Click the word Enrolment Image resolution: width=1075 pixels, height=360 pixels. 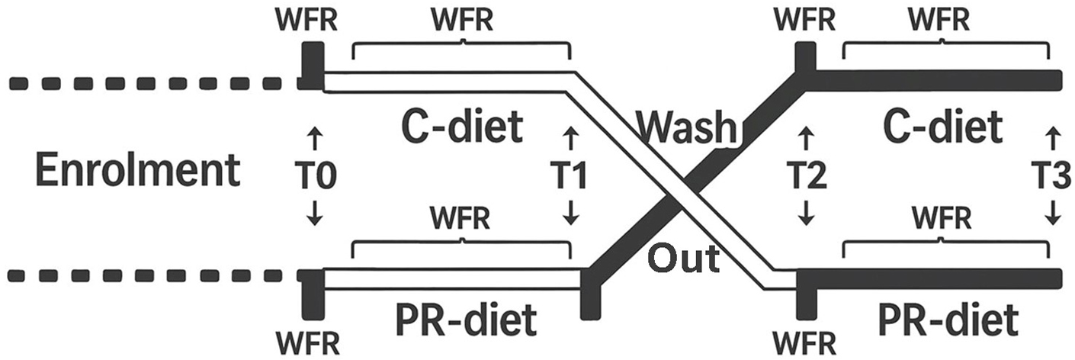pos(138,171)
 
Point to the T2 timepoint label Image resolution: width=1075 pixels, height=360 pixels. pos(806,178)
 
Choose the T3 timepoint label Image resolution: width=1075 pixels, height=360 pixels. pos(1052,178)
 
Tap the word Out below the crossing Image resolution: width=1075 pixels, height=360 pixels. pos(684,259)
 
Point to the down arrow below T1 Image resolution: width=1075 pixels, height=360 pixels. pos(570,213)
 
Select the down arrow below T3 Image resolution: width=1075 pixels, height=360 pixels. pos(1052,213)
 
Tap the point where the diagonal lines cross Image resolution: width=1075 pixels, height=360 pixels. pos(678,200)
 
